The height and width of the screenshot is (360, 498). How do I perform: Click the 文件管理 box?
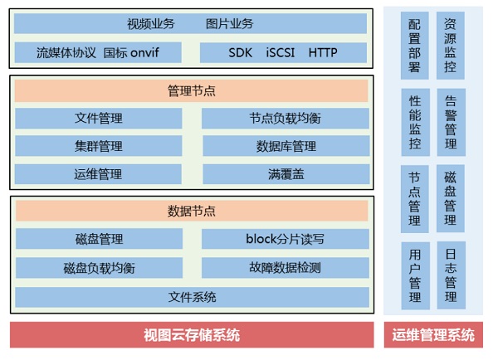click(98, 119)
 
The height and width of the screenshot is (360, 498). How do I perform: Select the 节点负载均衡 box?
click(285, 119)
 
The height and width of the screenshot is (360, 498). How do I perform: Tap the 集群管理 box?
click(98, 147)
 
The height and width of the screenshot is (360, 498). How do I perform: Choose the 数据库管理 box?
click(285, 147)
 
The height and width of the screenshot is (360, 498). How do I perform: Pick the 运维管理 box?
click(98, 174)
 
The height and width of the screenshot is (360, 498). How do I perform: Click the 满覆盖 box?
click(285, 174)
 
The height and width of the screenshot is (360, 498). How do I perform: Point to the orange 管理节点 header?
click(192, 90)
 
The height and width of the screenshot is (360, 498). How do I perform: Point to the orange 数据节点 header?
click(192, 212)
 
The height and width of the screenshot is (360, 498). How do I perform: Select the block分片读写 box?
click(285, 240)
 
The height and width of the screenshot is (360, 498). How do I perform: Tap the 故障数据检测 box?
click(285, 268)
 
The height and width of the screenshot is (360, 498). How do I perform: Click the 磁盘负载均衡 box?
click(98, 268)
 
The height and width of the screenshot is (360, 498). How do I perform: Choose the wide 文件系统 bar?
click(192, 296)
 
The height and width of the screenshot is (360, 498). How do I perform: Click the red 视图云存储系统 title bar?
click(192, 335)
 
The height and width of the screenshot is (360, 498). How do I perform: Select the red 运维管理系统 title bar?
click(433, 335)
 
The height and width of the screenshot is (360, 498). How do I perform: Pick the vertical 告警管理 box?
click(451, 122)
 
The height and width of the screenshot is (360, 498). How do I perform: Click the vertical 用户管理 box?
click(415, 275)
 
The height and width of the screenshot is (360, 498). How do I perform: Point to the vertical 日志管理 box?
click(451, 275)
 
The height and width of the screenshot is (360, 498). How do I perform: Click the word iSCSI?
click(279, 53)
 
